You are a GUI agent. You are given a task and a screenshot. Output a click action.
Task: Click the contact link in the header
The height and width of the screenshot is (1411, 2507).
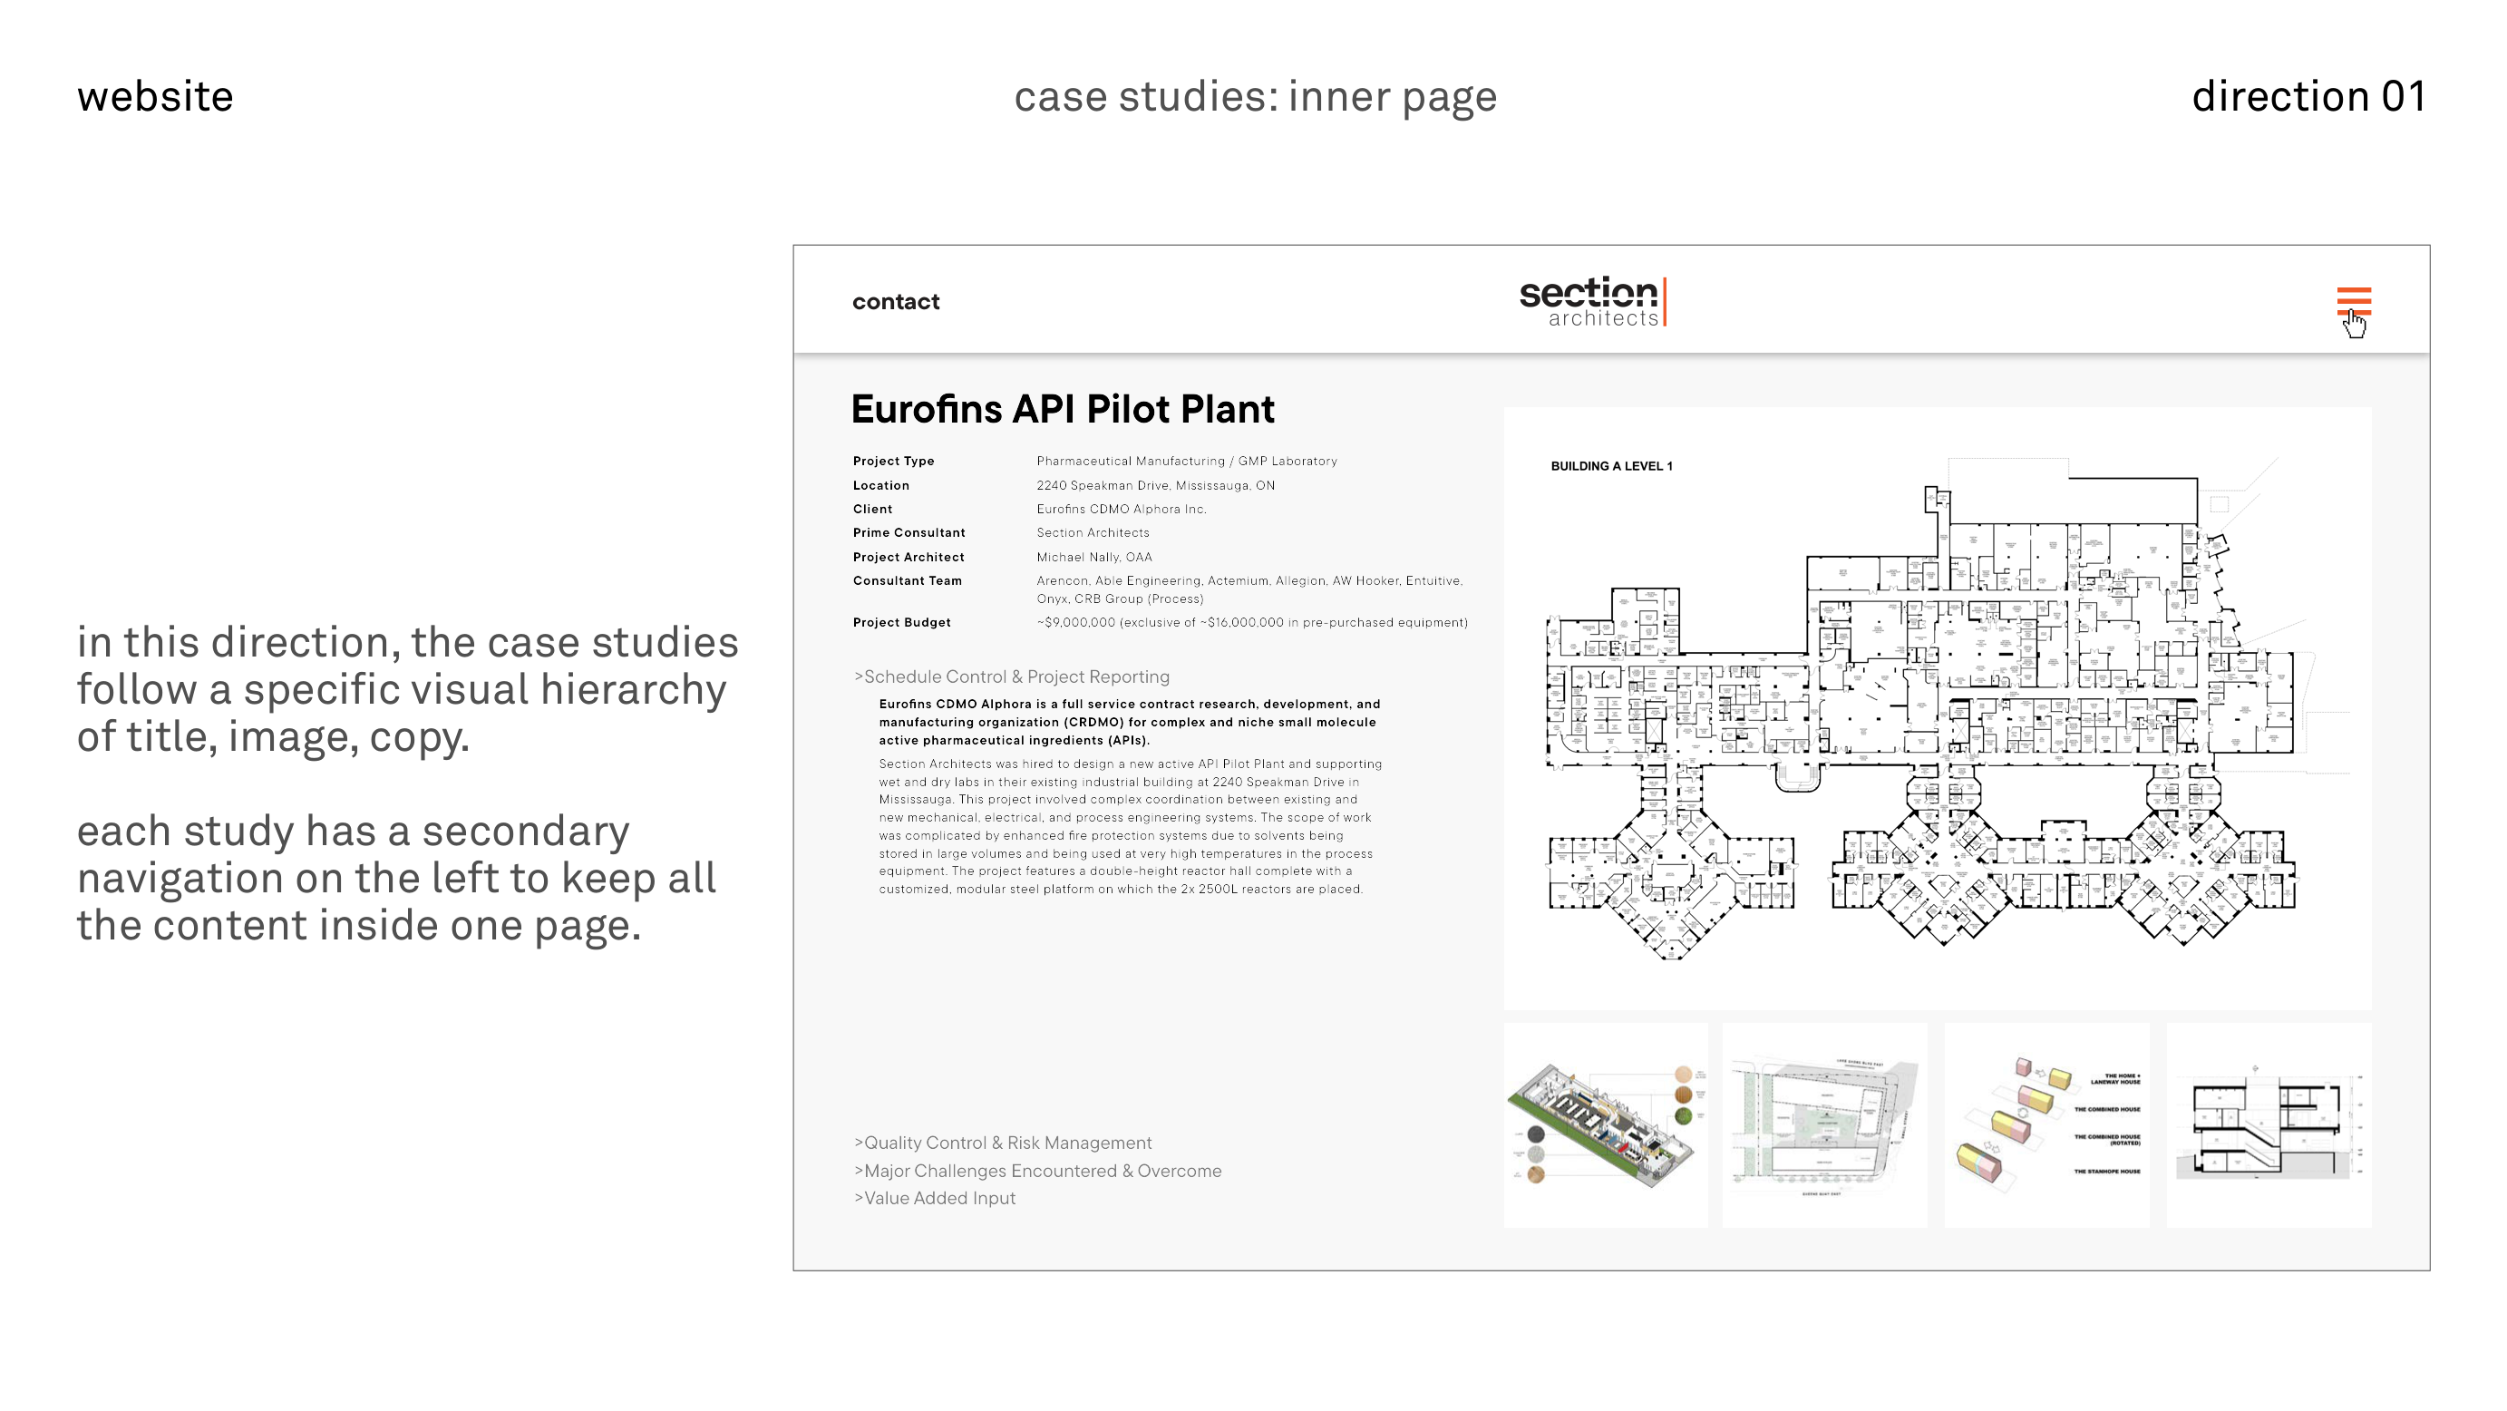point(896,302)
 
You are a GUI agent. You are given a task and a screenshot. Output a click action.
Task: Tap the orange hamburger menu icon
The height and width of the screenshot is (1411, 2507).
point(2353,301)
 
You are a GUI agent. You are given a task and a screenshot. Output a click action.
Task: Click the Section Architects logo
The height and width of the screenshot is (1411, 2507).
point(1592,302)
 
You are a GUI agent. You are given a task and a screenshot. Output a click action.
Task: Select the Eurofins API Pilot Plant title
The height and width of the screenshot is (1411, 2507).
point(1062,410)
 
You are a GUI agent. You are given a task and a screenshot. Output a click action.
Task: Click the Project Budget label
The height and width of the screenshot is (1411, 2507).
point(901,623)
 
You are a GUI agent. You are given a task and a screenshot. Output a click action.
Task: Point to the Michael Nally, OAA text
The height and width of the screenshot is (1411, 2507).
point(1093,558)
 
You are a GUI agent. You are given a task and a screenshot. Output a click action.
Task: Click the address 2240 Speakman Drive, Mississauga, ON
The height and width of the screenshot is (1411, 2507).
point(1155,485)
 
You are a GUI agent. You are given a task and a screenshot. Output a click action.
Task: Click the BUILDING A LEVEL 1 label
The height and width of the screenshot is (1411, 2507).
point(1610,466)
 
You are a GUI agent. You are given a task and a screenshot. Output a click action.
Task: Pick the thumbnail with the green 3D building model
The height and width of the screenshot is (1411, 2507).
point(1606,1125)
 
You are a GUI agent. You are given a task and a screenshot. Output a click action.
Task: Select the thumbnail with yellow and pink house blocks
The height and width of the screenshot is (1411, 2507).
point(2045,1125)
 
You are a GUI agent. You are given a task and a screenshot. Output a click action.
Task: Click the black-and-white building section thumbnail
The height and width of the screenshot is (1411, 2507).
point(2268,1125)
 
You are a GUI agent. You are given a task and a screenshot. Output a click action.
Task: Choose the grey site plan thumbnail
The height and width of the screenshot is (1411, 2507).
point(1823,1125)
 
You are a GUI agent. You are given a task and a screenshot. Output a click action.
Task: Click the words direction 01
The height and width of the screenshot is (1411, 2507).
point(2308,96)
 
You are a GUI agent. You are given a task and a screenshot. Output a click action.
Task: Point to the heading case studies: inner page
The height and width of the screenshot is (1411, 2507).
point(1255,96)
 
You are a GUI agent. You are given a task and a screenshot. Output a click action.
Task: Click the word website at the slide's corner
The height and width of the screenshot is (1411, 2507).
point(156,96)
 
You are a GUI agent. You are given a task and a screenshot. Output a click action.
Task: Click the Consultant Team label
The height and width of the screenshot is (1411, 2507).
point(907,581)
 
